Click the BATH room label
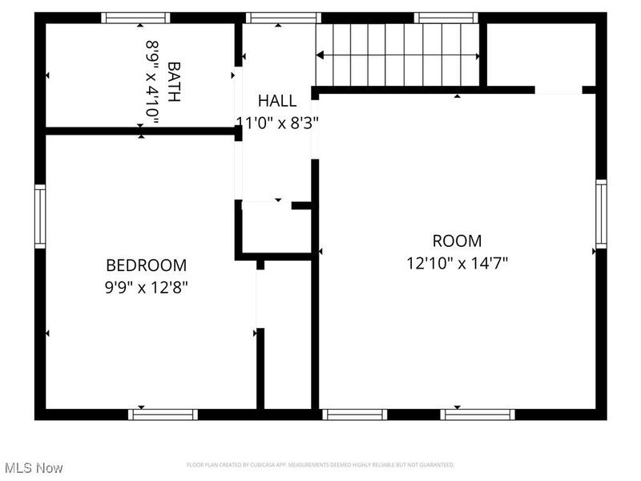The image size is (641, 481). click(x=174, y=83)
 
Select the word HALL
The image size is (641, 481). click(x=277, y=101)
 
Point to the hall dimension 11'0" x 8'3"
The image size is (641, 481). click(x=277, y=123)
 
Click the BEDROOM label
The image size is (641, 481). click(x=147, y=265)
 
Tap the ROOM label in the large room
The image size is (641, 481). click(x=457, y=240)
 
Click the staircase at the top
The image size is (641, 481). click(x=398, y=55)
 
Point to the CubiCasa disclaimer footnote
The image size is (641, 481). click(x=320, y=465)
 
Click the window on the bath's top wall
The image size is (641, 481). click(x=135, y=18)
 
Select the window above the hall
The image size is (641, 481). click(x=284, y=18)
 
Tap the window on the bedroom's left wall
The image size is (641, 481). click(x=40, y=216)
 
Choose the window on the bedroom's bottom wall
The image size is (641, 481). click(x=163, y=414)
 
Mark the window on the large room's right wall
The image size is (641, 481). click(x=601, y=213)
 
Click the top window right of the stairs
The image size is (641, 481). click(x=445, y=18)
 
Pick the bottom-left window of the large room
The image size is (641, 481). click(x=355, y=414)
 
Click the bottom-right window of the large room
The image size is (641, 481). click(x=478, y=414)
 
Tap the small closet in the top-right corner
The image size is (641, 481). click(x=541, y=55)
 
